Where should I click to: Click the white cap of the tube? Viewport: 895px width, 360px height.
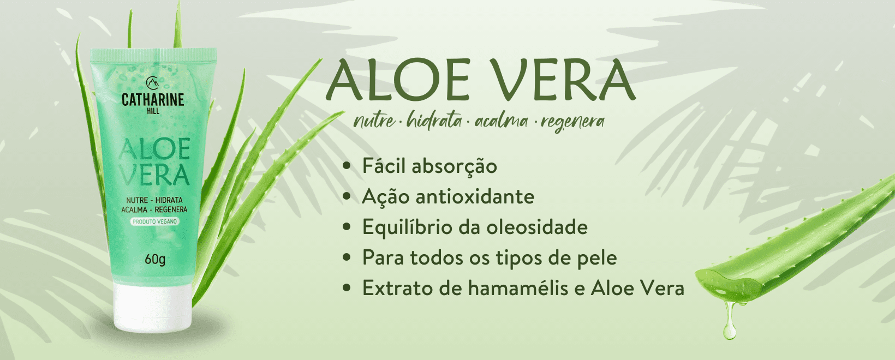(x=153, y=308)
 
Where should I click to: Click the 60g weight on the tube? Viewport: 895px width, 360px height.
(x=155, y=259)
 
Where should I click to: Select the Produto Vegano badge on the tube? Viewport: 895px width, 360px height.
(x=154, y=221)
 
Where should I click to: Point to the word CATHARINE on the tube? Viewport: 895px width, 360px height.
(x=153, y=100)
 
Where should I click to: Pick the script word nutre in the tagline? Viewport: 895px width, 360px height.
(x=374, y=121)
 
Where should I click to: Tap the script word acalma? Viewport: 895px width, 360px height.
(x=502, y=121)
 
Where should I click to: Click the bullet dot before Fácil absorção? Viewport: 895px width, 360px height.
(x=347, y=166)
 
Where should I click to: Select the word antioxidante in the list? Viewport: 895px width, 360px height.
(x=475, y=196)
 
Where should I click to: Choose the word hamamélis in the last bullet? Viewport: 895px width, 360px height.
(x=518, y=287)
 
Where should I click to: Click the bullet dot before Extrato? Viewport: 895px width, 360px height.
(x=347, y=287)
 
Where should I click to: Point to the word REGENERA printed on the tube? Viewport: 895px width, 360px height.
(x=171, y=209)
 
